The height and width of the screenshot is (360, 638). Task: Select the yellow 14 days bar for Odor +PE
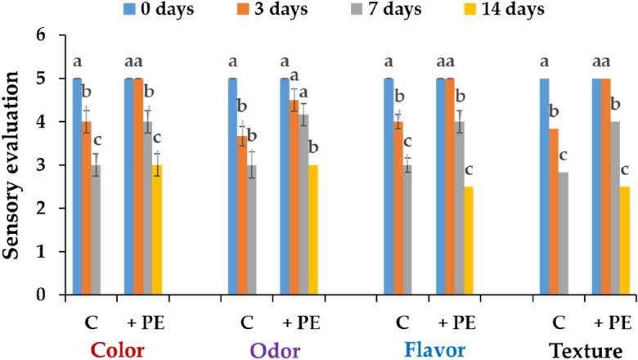point(313,230)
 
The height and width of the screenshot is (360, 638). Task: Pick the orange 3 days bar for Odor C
point(243,215)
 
